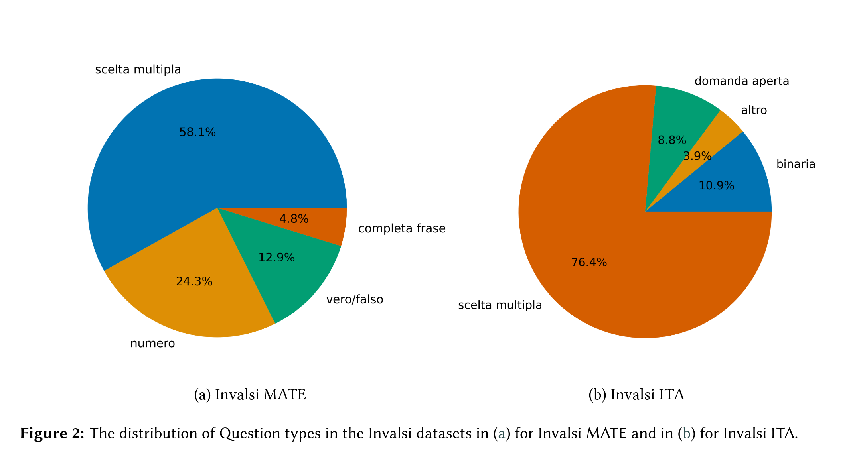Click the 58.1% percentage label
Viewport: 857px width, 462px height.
(x=197, y=132)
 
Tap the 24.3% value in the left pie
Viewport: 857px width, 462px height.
(x=194, y=281)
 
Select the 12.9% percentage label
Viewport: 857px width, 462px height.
(x=276, y=258)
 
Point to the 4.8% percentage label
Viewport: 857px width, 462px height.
(x=294, y=219)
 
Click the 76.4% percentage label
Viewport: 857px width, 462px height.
(x=589, y=262)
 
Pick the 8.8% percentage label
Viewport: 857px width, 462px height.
(x=672, y=140)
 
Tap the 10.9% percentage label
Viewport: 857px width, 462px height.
(x=716, y=185)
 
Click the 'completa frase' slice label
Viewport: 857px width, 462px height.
(x=402, y=228)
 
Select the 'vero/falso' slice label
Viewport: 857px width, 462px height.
(x=355, y=299)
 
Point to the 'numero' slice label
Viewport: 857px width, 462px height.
(x=152, y=343)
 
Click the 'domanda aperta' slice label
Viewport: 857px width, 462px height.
(x=742, y=81)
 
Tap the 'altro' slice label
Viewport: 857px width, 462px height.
(x=754, y=110)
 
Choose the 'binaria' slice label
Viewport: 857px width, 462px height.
(x=796, y=164)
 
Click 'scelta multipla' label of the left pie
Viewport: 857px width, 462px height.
(x=138, y=69)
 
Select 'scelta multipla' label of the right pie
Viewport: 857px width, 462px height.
(x=500, y=305)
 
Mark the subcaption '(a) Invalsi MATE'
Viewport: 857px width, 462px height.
(x=250, y=395)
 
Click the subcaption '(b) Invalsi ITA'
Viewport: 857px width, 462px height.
(x=636, y=395)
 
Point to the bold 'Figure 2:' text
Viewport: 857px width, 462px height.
(x=52, y=433)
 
